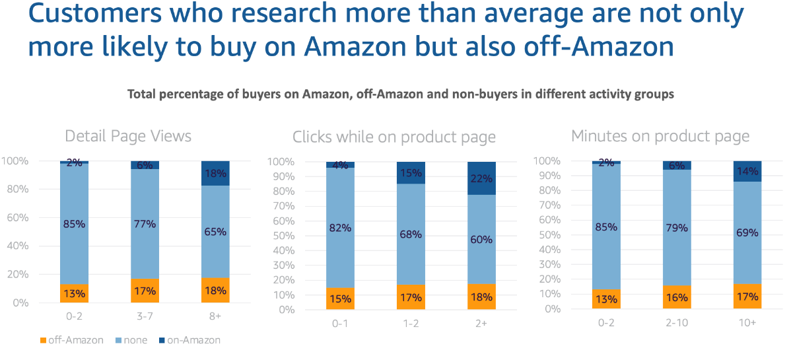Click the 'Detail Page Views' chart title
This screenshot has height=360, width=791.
click(x=128, y=137)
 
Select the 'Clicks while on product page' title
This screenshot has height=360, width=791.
click(x=394, y=137)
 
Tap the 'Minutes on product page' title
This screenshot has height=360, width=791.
click(x=660, y=137)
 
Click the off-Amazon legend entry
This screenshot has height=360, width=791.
click(x=72, y=340)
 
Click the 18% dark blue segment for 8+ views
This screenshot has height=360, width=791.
click(x=215, y=174)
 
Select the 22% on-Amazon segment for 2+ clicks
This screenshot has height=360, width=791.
click(x=481, y=178)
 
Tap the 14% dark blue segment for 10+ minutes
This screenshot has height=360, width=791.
click(x=747, y=171)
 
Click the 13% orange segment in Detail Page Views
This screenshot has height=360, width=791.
click(x=74, y=293)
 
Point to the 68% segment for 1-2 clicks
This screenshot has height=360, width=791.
click(x=411, y=234)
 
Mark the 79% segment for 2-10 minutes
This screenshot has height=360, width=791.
click(x=676, y=228)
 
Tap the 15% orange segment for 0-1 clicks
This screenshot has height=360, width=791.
click(x=340, y=298)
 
